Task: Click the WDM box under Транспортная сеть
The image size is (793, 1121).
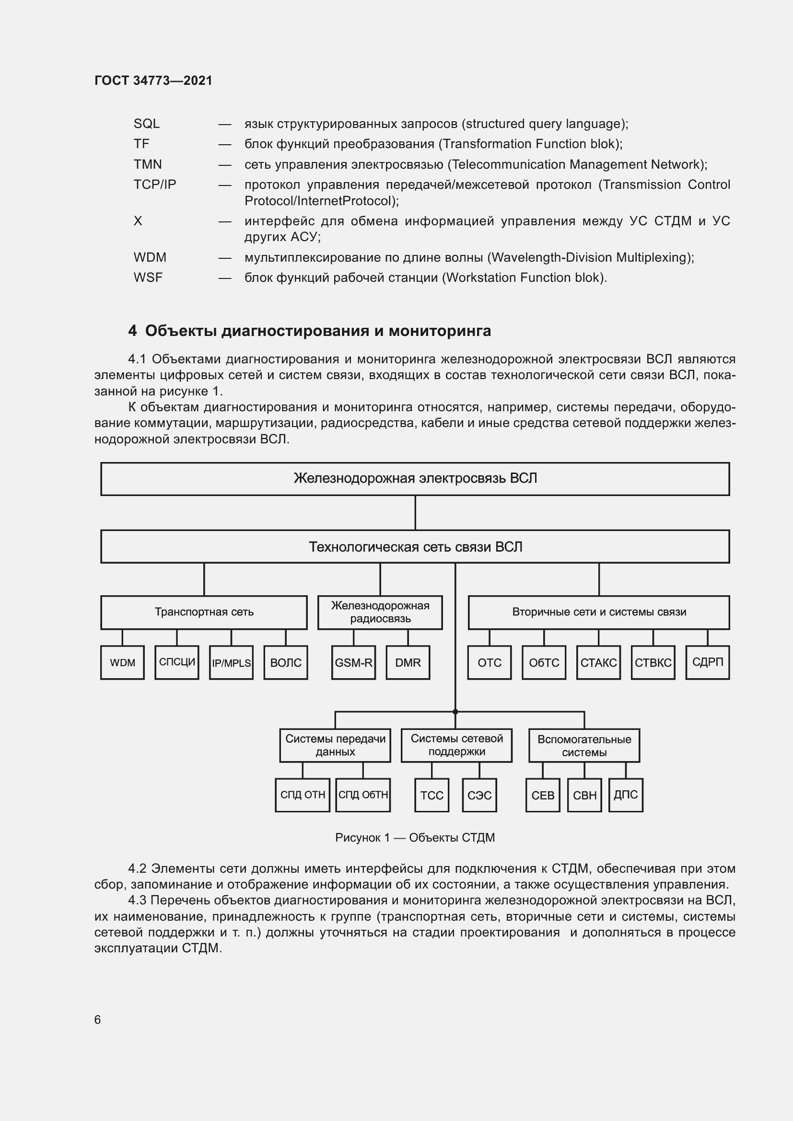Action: point(122,662)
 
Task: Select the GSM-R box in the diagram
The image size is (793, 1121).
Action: point(353,662)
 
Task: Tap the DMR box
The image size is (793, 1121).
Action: point(408,662)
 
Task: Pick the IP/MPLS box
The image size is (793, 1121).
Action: point(231,662)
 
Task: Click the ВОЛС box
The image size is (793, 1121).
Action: point(286,662)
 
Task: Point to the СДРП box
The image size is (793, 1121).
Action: point(708,662)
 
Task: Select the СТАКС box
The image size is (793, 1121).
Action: point(598,662)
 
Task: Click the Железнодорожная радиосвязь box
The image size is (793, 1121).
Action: point(380,612)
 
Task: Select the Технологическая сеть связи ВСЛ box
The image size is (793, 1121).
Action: point(415,547)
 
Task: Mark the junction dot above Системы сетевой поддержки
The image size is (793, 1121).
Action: point(455,712)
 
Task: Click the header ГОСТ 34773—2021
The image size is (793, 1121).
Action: point(153,81)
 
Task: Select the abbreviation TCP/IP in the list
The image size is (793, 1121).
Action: point(155,185)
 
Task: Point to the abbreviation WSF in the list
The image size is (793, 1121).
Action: point(148,277)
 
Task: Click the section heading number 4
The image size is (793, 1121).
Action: point(132,331)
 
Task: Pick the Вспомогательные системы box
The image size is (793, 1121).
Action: point(584,746)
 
